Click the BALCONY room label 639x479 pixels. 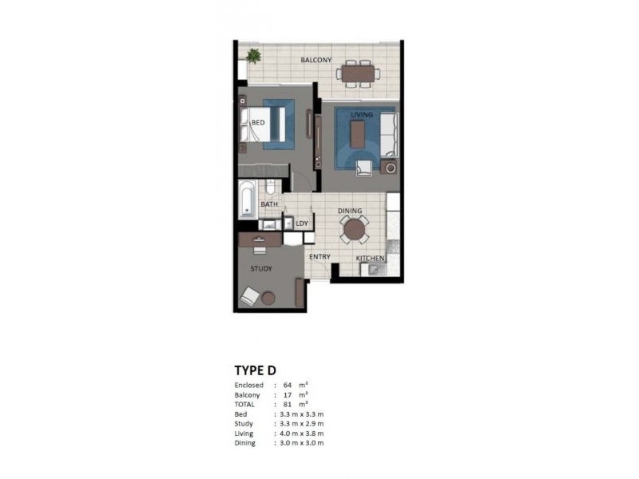316,61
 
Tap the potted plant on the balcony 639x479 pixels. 253,56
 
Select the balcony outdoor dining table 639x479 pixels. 358,73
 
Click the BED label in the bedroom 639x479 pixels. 258,122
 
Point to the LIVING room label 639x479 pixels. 362,115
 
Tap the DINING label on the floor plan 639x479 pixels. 350,212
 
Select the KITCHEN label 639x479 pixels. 371,259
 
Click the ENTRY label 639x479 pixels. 319,257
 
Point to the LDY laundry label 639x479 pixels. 301,224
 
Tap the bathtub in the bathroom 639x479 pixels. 247,200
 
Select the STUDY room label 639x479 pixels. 261,269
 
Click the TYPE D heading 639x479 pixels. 255,370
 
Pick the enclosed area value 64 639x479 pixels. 288,386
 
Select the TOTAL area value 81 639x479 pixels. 288,405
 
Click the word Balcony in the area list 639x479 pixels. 247,395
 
